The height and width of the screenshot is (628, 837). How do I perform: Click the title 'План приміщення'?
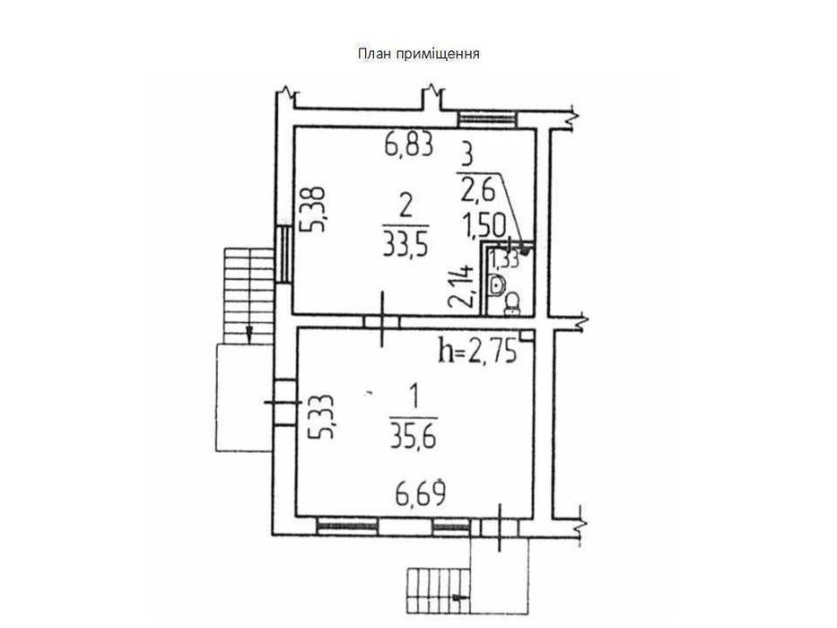(418, 54)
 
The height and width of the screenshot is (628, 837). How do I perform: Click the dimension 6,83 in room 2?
(409, 145)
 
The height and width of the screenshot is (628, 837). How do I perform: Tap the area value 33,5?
(406, 245)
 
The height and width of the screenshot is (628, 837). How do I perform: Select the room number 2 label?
(405, 208)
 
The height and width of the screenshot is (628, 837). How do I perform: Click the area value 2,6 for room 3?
(479, 189)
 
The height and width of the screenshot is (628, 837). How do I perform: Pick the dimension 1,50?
(484, 226)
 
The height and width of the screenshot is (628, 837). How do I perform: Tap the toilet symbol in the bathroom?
(512, 301)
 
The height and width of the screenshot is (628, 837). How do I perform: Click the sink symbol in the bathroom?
(497, 285)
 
